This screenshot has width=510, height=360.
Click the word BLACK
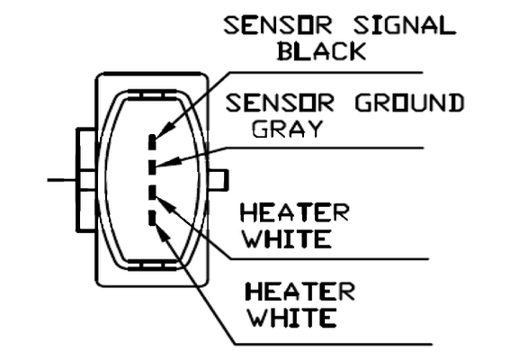(x=321, y=51)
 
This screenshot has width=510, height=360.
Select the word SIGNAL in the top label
(x=405, y=26)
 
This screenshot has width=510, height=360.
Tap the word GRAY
(x=287, y=129)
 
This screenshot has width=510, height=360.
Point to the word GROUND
(x=409, y=103)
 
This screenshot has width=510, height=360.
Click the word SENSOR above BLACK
(x=278, y=26)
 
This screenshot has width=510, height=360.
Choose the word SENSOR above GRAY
(x=280, y=103)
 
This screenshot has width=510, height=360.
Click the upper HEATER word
(x=294, y=212)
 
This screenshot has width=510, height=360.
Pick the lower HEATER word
(x=300, y=292)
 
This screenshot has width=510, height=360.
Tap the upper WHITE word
(x=288, y=238)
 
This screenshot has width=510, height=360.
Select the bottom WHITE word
(x=292, y=318)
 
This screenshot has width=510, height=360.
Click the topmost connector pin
(x=152, y=142)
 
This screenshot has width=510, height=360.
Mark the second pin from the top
(x=152, y=166)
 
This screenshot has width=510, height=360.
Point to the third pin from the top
(x=152, y=192)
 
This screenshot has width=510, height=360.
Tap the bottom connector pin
(x=152, y=218)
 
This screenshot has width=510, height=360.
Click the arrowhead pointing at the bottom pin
(x=163, y=232)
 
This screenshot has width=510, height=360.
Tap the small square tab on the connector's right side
(x=219, y=180)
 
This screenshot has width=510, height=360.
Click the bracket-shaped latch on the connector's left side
(x=85, y=180)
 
